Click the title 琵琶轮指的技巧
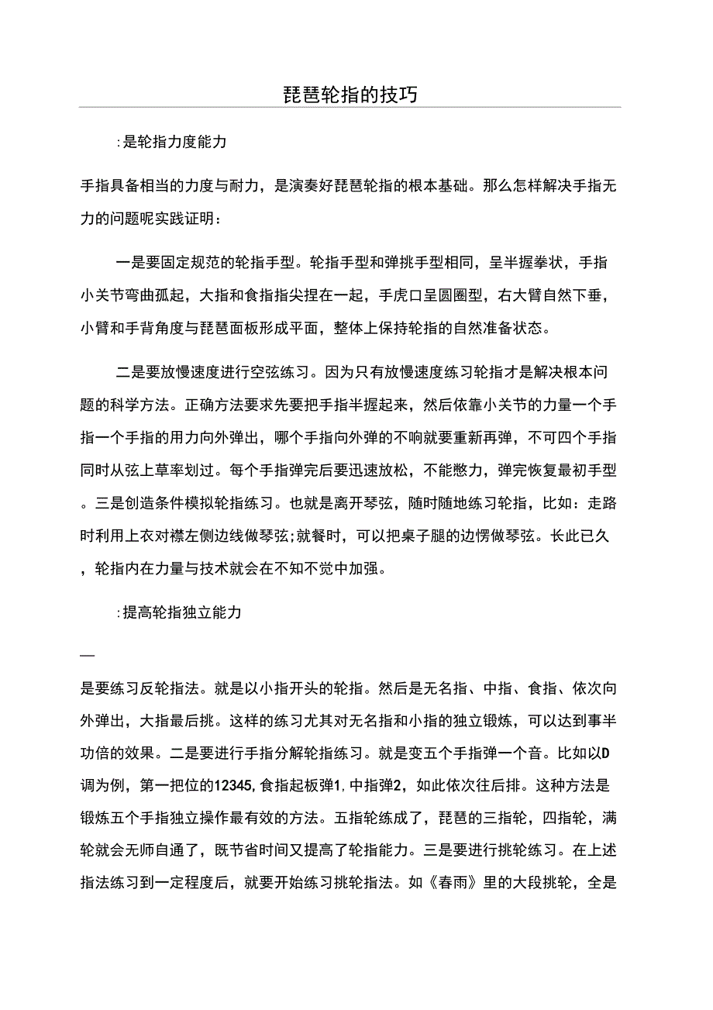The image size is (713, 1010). tap(350, 95)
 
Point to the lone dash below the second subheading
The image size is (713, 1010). tap(87, 657)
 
